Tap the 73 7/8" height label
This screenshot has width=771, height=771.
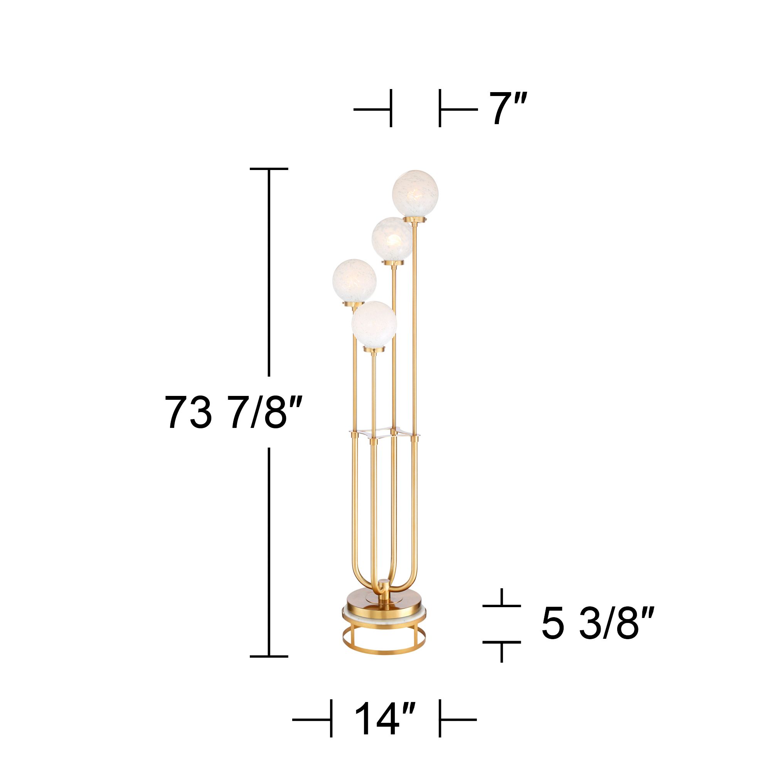tap(231, 412)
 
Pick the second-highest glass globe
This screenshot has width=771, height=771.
tap(392, 238)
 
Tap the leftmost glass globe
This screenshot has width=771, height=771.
tap(354, 281)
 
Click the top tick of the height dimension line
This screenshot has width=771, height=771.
tap(269, 169)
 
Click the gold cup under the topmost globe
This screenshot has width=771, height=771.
tap(415, 220)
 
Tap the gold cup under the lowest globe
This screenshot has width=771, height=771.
tap(374, 349)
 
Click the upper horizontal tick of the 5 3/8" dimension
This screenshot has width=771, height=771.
tap(502, 605)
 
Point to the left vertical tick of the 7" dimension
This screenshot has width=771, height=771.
tap(391, 109)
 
